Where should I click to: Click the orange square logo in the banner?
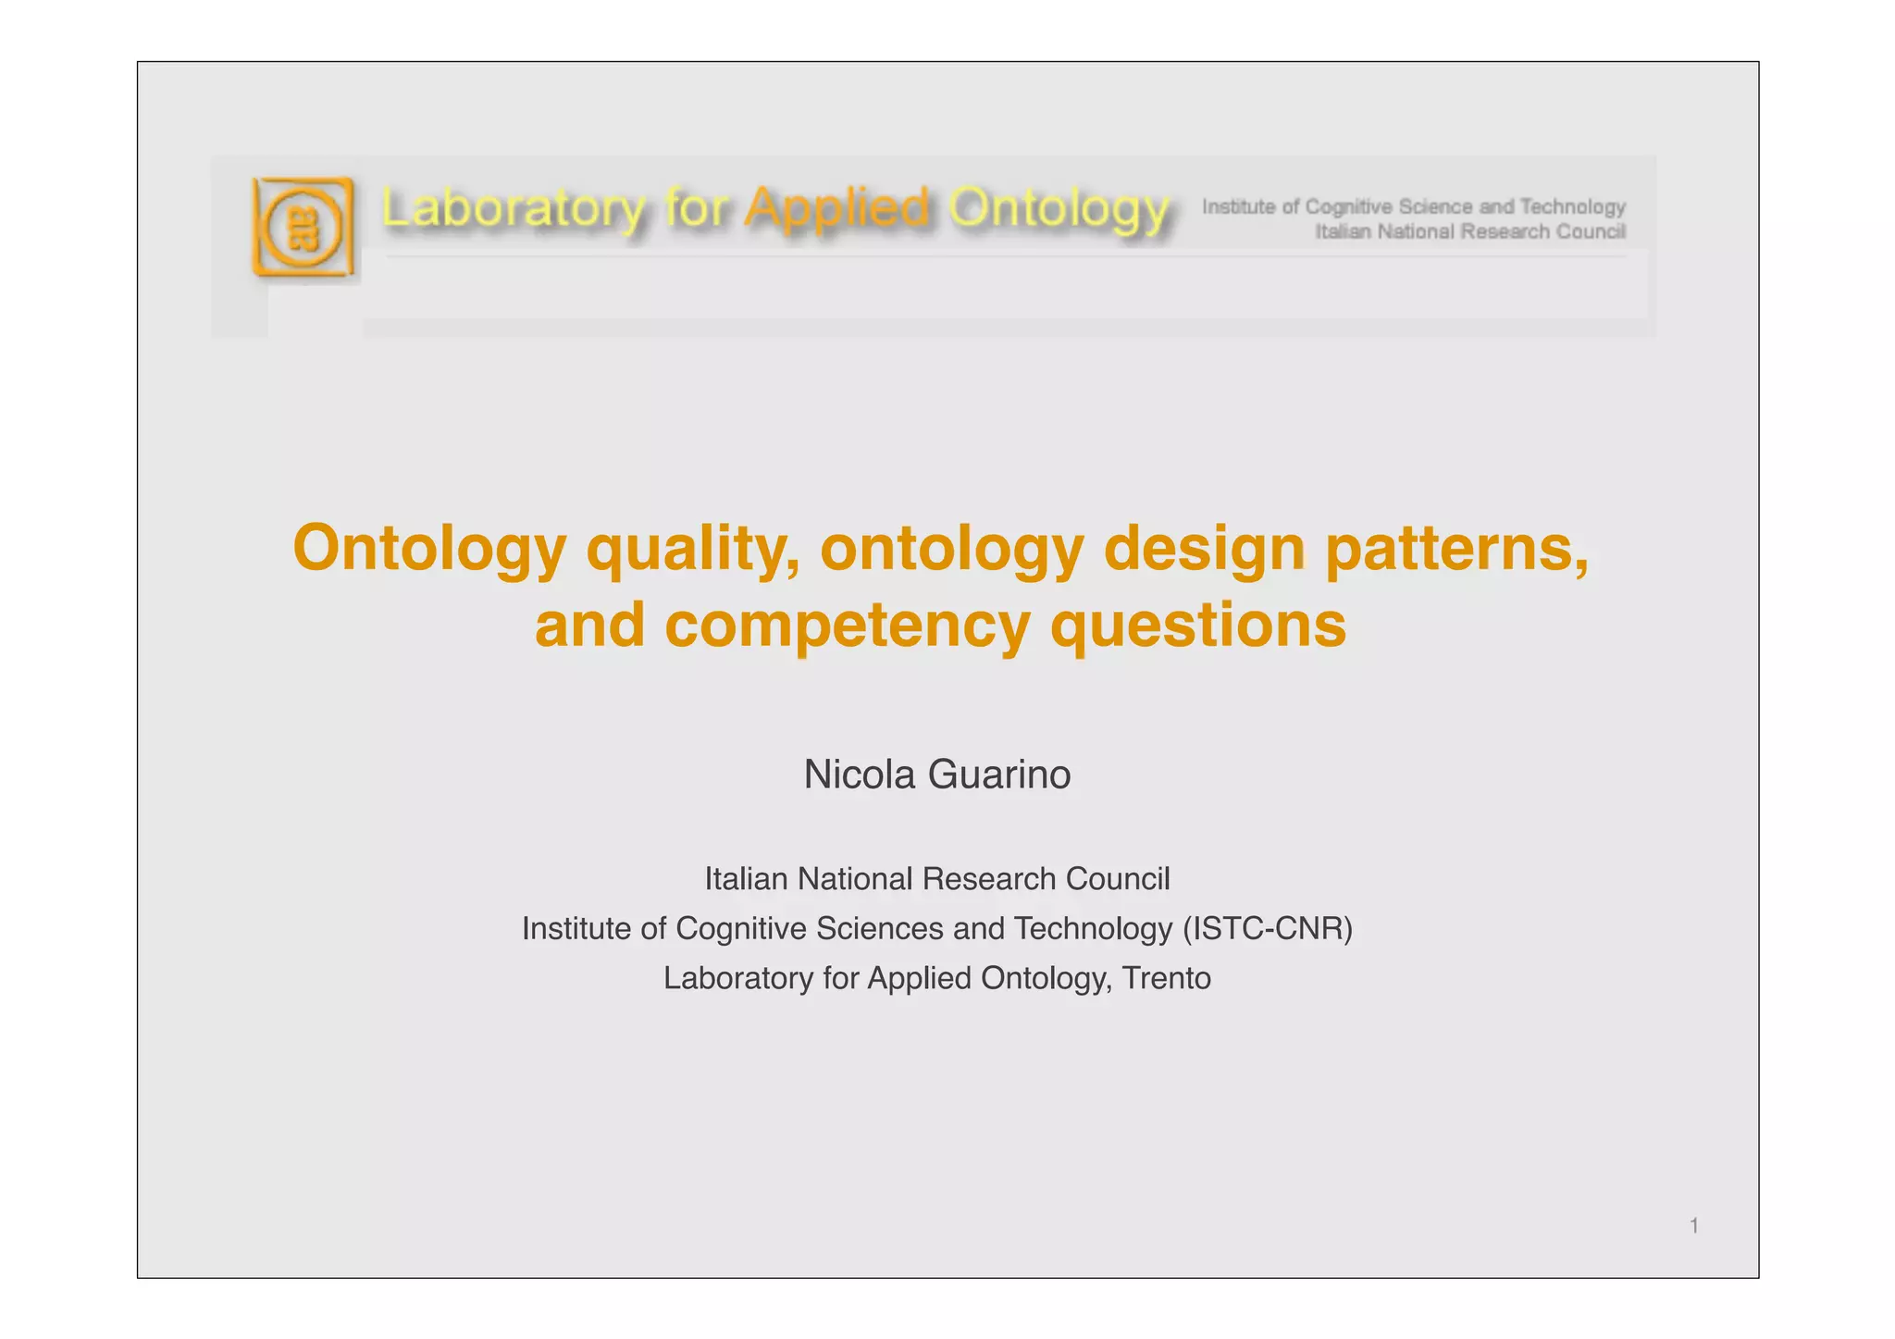pyautogui.click(x=303, y=227)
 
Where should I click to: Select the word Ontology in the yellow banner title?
pyautogui.click(x=1059, y=209)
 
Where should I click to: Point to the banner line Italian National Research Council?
pyautogui.click(x=1470, y=231)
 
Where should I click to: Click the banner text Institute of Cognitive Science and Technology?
pyautogui.click(x=1413, y=205)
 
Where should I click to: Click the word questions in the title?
pyautogui.click(x=1198, y=626)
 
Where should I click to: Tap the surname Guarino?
pyautogui.click(x=999, y=775)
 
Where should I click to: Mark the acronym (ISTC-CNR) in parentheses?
pyautogui.click(x=1268, y=928)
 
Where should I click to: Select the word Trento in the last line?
pyautogui.click(x=1166, y=978)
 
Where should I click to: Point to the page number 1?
pyautogui.click(x=1694, y=1226)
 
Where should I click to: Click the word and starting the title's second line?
pyautogui.click(x=589, y=626)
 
